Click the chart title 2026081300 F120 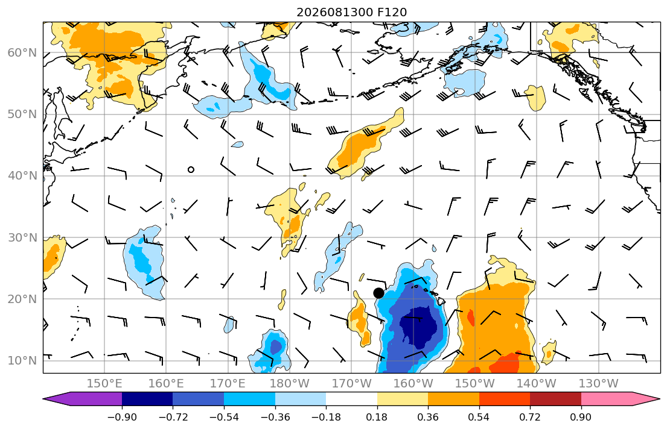[351, 12]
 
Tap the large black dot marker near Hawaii [378, 293]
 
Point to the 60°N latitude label [22, 52]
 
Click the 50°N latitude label [22, 114]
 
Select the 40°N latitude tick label [22, 176]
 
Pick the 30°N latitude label [22, 237]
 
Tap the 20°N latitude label [22, 299]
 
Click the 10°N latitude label [22, 361]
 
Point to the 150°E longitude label [104, 384]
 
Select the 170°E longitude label [228, 384]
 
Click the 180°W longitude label [290, 384]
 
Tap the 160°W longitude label [413, 384]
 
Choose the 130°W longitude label [599, 384]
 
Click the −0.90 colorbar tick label [122, 417]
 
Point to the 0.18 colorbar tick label [377, 417]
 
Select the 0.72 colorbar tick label [530, 417]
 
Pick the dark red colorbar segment [555, 399]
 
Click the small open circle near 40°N [191, 170]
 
